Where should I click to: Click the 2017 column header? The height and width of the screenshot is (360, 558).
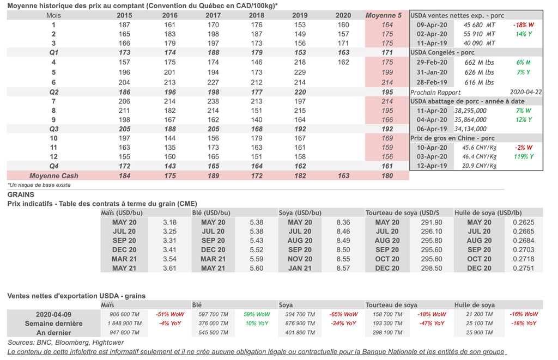pyautogui.click(x=213, y=15)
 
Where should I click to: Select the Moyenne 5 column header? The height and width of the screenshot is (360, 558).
pyautogui.click(x=387, y=15)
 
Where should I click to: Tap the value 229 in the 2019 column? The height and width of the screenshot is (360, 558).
pyautogui.click(x=300, y=72)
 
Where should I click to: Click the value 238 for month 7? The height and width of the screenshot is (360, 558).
pyautogui.click(x=213, y=101)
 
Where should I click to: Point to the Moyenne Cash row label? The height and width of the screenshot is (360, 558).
pyautogui.click(x=54, y=175)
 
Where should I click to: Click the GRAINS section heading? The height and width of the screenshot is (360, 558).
pyautogui.click(x=21, y=194)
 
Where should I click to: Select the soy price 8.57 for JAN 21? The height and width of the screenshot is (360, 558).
pyautogui.click(x=343, y=268)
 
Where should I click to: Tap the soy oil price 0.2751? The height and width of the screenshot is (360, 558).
pyautogui.click(x=523, y=268)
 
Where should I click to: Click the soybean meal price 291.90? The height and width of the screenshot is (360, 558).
pyautogui.click(x=432, y=222)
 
